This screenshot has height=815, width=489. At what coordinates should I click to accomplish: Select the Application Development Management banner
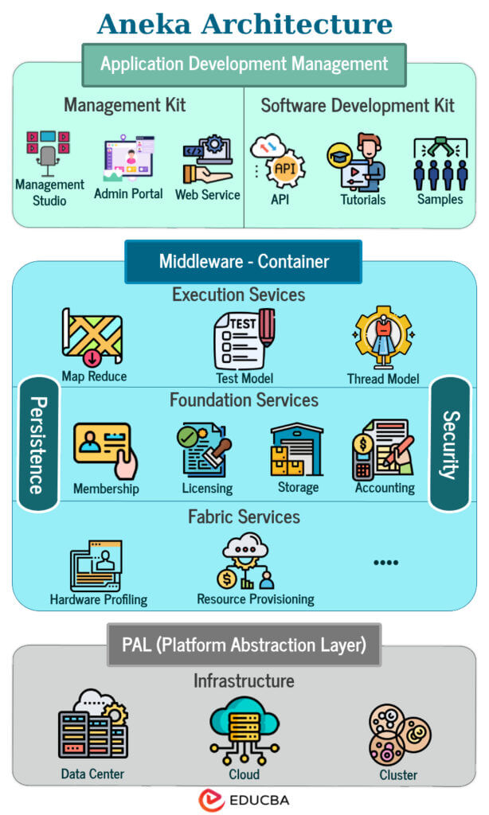point(244,64)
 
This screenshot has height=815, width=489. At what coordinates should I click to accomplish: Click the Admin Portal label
point(128,193)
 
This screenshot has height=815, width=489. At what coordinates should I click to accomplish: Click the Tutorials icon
point(358,162)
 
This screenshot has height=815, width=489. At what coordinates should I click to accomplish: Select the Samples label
point(440,198)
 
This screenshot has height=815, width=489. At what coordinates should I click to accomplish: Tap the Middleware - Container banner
point(244,261)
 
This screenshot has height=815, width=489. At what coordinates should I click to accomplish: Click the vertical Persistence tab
point(35,443)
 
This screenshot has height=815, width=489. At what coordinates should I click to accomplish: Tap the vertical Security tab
point(451,443)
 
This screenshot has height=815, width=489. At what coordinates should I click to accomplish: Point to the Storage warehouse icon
point(298,449)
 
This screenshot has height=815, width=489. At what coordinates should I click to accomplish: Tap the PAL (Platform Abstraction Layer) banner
point(244,645)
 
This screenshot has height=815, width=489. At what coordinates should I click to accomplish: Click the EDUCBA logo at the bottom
point(244,799)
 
